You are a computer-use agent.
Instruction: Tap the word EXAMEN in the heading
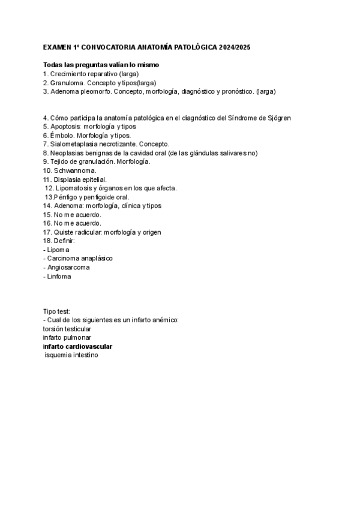[x=56, y=47]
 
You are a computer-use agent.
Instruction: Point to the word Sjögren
[x=278, y=118]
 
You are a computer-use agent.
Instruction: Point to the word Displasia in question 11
[x=68, y=179]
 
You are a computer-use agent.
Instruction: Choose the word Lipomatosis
[x=75, y=188]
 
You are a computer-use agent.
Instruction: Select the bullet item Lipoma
[x=58, y=249]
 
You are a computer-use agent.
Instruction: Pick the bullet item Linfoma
[x=60, y=276]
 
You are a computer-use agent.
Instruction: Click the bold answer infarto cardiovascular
[x=77, y=346]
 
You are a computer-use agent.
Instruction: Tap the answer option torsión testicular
[x=67, y=329]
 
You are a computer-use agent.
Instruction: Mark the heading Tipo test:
[x=56, y=312]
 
